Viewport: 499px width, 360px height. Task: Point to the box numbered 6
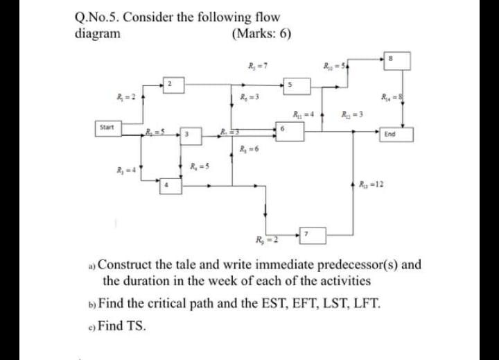click(285, 129)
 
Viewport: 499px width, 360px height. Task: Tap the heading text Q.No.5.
click(98, 17)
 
